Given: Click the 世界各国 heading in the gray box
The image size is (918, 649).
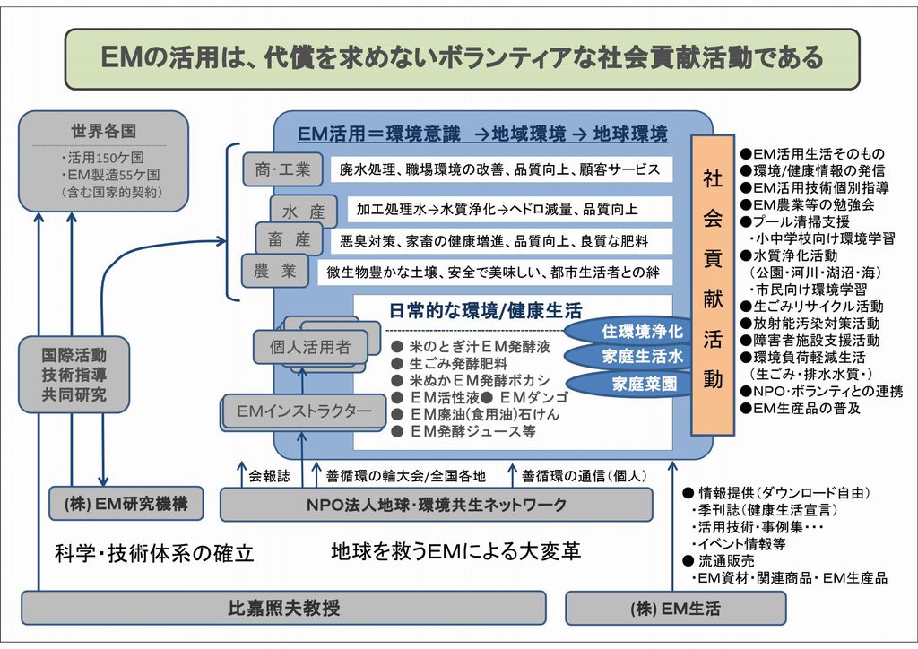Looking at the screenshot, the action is (104, 131).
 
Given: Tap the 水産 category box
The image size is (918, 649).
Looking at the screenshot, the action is (303, 212).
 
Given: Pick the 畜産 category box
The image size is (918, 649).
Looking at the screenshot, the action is (289, 239).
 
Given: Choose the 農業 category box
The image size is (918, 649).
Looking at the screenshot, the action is (275, 271).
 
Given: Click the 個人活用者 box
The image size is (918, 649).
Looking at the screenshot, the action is (310, 347).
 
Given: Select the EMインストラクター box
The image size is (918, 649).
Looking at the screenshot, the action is (304, 411).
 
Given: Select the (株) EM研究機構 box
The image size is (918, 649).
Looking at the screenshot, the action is (126, 503).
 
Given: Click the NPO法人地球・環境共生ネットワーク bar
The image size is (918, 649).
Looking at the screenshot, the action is (437, 505).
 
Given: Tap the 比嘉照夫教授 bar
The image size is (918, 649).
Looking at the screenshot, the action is (284, 608).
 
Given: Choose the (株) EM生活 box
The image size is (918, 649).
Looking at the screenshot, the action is (676, 609).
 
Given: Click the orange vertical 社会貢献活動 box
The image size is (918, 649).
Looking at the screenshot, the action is (713, 285).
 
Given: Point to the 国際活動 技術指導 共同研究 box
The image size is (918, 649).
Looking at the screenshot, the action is (74, 375).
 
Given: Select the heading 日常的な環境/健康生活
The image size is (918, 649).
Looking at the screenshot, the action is (485, 310).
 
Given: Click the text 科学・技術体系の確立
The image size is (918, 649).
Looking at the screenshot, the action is (154, 552).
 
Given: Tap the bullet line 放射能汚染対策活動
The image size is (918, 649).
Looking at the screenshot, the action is (810, 323).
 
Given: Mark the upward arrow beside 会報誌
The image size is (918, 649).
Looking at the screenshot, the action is (241, 473).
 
